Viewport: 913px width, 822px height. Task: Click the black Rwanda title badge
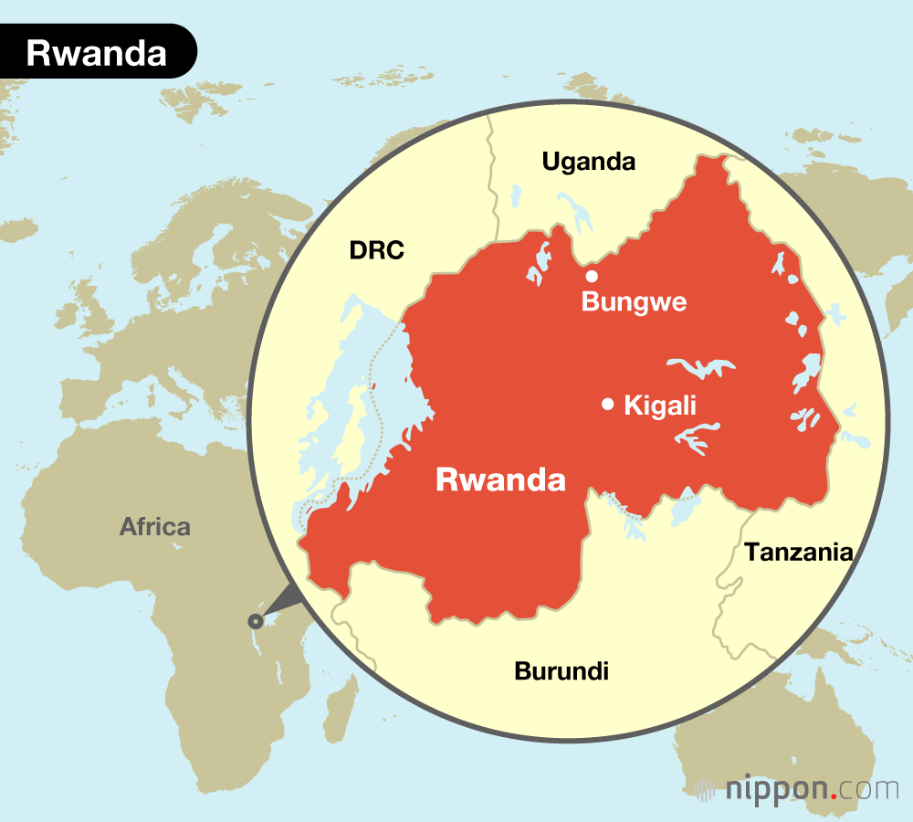[x=96, y=52]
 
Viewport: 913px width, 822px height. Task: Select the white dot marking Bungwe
[x=592, y=276]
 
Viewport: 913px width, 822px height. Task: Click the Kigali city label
[x=660, y=406]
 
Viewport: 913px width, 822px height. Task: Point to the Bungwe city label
[x=634, y=302]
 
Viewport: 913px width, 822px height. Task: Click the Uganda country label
[x=588, y=163]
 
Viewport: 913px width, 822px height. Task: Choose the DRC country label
[x=376, y=250]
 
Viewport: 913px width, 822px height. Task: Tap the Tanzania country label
[x=798, y=552]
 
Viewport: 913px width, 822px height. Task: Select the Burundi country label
[x=561, y=671]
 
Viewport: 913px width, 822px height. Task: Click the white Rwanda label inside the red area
[x=500, y=479]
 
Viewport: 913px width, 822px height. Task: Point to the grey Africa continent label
[x=155, y=527]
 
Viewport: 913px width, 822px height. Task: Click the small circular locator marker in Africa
[x=255, y=621]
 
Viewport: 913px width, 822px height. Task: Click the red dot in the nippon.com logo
[x=834, y=796]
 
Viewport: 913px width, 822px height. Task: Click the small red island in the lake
[x=373, y=385]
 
